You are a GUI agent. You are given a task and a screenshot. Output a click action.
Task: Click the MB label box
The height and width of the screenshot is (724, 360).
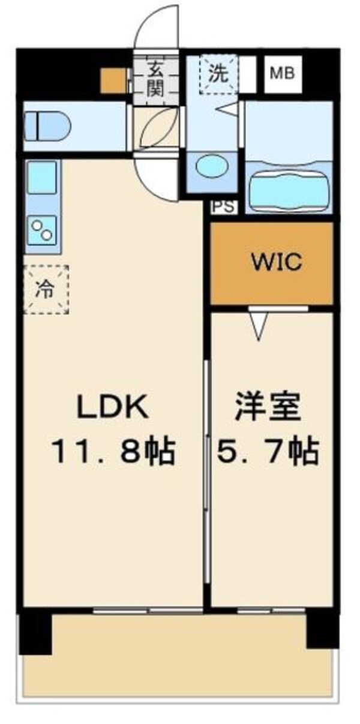(x=283, y=74)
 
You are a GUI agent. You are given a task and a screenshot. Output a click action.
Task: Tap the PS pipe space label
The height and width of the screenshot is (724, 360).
(x=224, y=206)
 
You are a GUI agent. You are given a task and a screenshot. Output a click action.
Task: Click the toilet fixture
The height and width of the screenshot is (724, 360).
(x=47, y=126)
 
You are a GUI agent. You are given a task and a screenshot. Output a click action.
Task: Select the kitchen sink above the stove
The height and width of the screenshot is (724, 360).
(x=42, y=177)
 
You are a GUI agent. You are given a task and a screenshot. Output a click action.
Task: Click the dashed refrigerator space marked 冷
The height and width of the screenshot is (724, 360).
(x=46, y=289)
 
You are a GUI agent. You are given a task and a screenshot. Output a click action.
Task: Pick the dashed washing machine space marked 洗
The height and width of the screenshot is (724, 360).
(x=218, y=74)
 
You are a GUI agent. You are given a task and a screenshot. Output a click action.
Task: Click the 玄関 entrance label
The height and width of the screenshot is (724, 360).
(x=155, y=80)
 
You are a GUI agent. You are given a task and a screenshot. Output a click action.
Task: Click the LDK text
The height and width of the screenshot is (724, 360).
(x=112, y=408)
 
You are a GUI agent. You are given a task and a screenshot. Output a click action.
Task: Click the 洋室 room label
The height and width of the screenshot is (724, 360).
(x=267, y=408)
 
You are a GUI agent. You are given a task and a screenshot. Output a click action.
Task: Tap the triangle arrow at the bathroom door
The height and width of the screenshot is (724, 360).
(x=229, y=110)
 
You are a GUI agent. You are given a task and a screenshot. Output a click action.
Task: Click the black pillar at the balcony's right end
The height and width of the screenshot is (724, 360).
(x=322, y=630)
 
